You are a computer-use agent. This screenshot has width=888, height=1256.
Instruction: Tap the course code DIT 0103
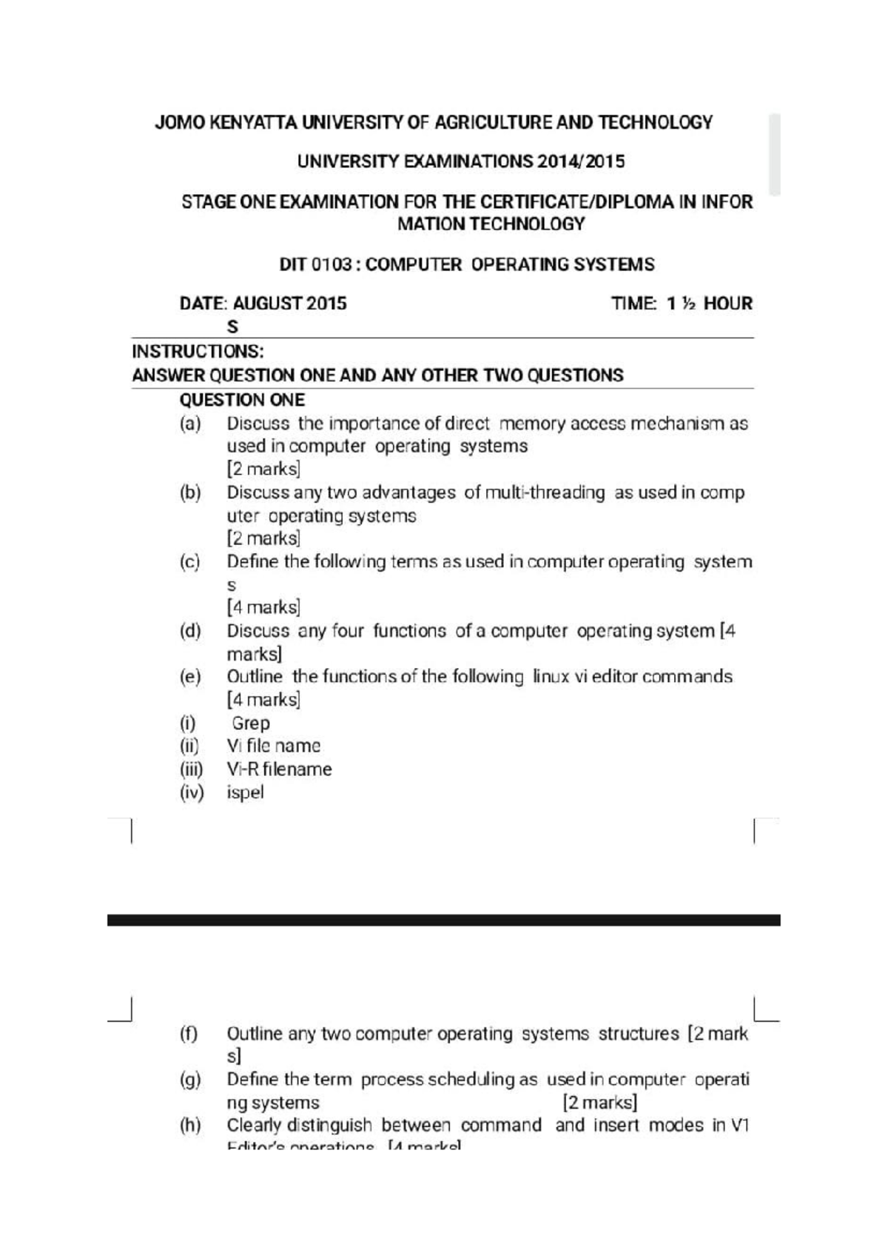[x=316, y=264]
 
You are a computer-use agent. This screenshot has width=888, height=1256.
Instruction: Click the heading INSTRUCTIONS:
[x=198, y=351]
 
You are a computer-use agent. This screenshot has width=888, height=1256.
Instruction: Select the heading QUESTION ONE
[x=242, y=400]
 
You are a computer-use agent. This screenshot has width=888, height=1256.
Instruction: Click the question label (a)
[x=190, y=424]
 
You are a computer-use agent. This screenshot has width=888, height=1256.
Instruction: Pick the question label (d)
[x=190, y=631]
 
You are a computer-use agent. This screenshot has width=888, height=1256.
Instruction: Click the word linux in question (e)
[x=551, y=677]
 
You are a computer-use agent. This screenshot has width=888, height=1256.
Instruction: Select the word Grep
[x=250, y=723]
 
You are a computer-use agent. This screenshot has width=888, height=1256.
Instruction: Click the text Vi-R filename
[x=279, y=769]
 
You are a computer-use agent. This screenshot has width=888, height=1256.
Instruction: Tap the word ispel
[x=245, y=792]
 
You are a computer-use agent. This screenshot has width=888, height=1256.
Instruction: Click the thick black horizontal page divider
[x=444, y=920]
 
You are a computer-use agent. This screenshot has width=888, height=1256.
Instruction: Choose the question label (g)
[x=190, y=1080]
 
